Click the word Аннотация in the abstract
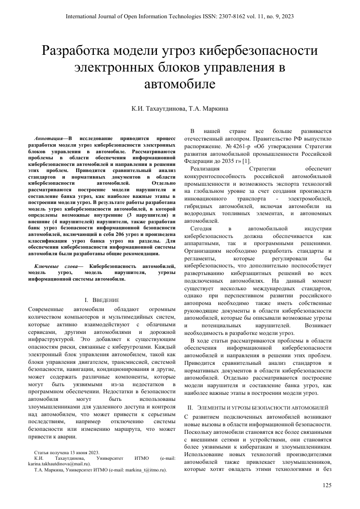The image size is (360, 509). tap(49, 138)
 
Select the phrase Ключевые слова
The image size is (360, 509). tap(56, 265)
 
